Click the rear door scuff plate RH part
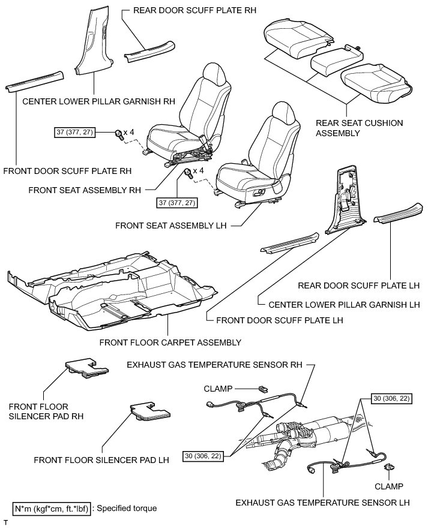149,51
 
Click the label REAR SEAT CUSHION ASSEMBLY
359,128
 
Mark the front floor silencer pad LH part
149,413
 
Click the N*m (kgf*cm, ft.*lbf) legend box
52,509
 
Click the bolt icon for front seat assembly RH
118,133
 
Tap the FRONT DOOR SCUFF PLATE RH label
67,170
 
